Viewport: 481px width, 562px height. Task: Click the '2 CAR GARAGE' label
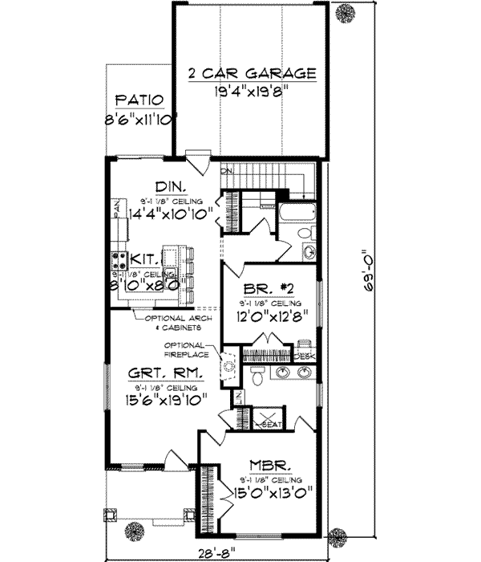pyautogui.click(x=252, y=74)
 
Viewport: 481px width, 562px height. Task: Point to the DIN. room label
pyautogui.click(x=169, y=185)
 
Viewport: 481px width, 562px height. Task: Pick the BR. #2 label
pyautogui.click(x=268, y=291)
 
